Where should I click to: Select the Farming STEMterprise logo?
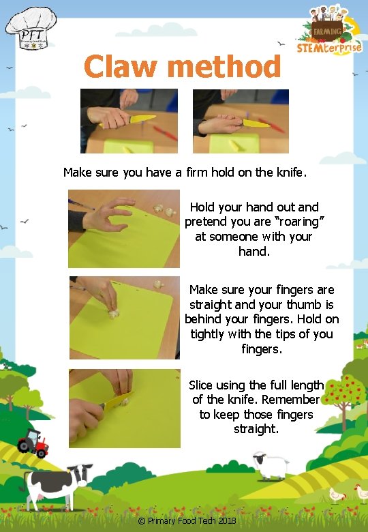(329, 30)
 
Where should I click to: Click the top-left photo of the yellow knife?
(129, 121)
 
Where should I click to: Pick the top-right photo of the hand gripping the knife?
(241, 121)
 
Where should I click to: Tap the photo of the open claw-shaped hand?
(123, 228)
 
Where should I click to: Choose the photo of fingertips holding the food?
(124, 317)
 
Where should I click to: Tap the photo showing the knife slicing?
(124, 408)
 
